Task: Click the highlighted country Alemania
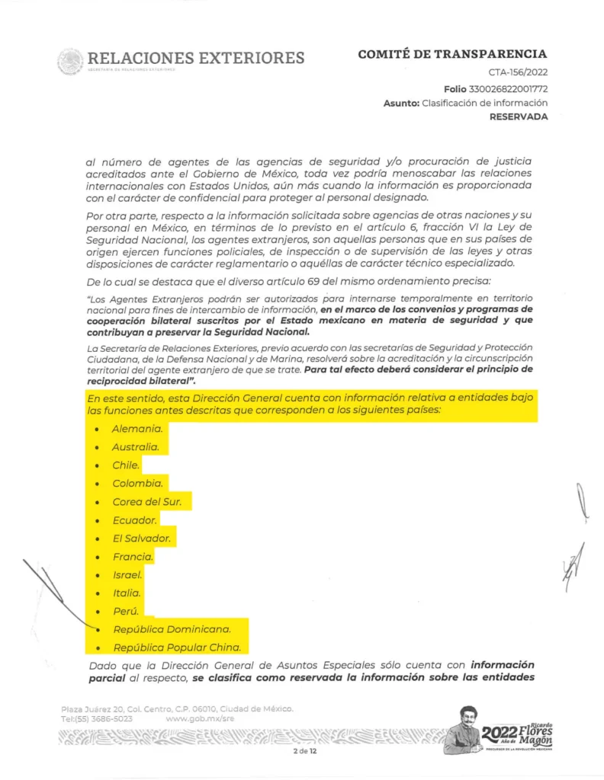(x=137, y=429)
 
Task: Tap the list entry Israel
(x=128, y=574)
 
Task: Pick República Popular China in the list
(x=177, y=648)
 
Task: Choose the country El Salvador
(x=140, y=539)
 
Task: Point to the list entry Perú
(x=127, y=611)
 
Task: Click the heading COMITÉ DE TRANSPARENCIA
(x=451, y=54)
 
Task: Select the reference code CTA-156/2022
(x=518, y=73)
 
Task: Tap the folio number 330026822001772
(x=508, y=88)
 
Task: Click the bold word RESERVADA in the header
(x=519, y=117)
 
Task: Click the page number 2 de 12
(x=304, y=752)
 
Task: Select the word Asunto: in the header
(x=401, y=103)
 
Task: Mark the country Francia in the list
(x=133, y=557)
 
